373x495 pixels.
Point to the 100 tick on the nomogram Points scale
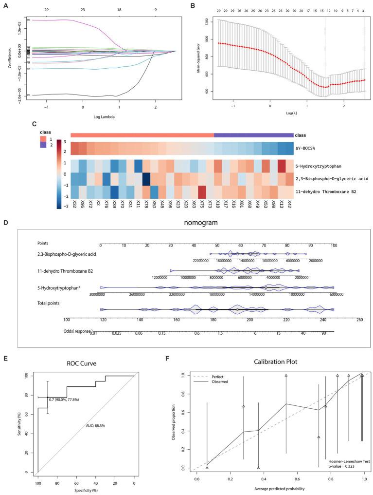pos(334,246)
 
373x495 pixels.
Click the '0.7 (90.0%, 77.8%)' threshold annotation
pos(67,399)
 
